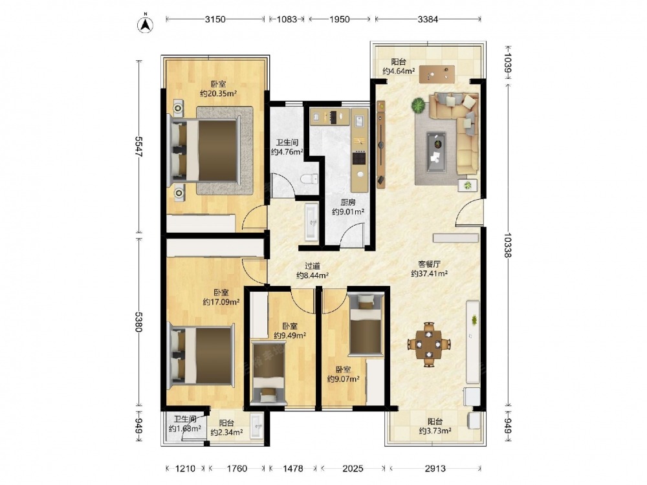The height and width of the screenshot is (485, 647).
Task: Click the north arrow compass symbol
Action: coord(145,23)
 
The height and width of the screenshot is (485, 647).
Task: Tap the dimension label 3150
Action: coord(215,19)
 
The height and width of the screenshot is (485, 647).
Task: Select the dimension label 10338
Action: coord(507,245)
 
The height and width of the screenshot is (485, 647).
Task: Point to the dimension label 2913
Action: coord(435,468)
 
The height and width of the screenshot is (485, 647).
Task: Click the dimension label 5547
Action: coord(138,146)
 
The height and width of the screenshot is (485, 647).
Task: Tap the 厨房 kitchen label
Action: coord(348,202)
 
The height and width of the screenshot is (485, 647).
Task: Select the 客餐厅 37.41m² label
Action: coord(430,268)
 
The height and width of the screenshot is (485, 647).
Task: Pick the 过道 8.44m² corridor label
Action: coord(313,270)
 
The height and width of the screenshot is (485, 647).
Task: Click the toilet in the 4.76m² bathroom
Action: coord(309,179)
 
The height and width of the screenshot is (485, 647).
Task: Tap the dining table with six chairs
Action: coord(429,344)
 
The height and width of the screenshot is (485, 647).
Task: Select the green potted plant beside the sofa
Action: coord(419,105)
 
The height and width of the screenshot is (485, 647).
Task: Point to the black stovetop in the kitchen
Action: coord(359,158)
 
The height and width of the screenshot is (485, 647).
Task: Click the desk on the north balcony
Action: coord(437,74)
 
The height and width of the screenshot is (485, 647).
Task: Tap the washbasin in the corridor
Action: coord(312,221)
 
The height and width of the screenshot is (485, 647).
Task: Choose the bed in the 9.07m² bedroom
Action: coord(366,324)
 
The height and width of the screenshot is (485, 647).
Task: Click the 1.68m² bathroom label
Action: coord(184,424)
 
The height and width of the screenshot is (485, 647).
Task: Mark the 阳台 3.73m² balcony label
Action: coord(435,426)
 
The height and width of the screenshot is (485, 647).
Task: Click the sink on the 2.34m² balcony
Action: coord(257,426)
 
